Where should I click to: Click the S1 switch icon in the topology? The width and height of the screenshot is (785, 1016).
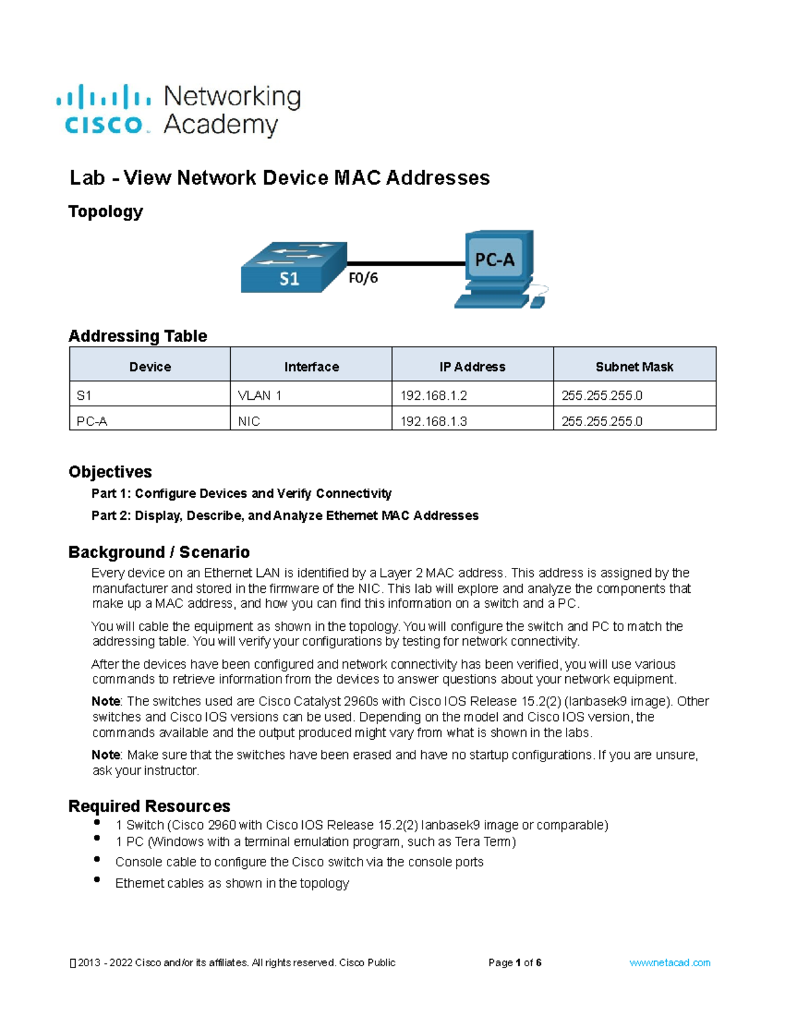pyautogui.click(x=292, y=268)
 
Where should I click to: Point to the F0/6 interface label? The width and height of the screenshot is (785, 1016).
pyautogui.click(x=363, y=278)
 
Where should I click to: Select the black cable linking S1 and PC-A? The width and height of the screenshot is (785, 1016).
pyautogui.click(x=406, y=264)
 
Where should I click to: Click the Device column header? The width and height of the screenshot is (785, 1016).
pyautogui.click(x=150, y=366)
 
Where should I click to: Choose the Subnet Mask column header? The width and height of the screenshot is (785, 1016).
pyautogui.click(x=634, y=366)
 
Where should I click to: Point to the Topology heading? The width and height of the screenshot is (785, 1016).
pyautogui.click(x=105, y=211)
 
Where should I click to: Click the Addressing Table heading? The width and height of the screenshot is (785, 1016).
pyautogui.click(x=137, y=336)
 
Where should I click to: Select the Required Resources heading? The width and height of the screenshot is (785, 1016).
pyautogui.click(x=149, y=806)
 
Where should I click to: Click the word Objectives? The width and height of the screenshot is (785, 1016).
pyautogui.click(x=110, y=472)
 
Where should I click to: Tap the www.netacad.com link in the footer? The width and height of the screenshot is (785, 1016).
pyautogui.click(x=669, y=962)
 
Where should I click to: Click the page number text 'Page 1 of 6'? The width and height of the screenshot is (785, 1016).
pyautogui.click(x=515, y=962)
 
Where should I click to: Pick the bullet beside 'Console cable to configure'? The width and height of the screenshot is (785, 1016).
pyautogui.click(x=97, y=860)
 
